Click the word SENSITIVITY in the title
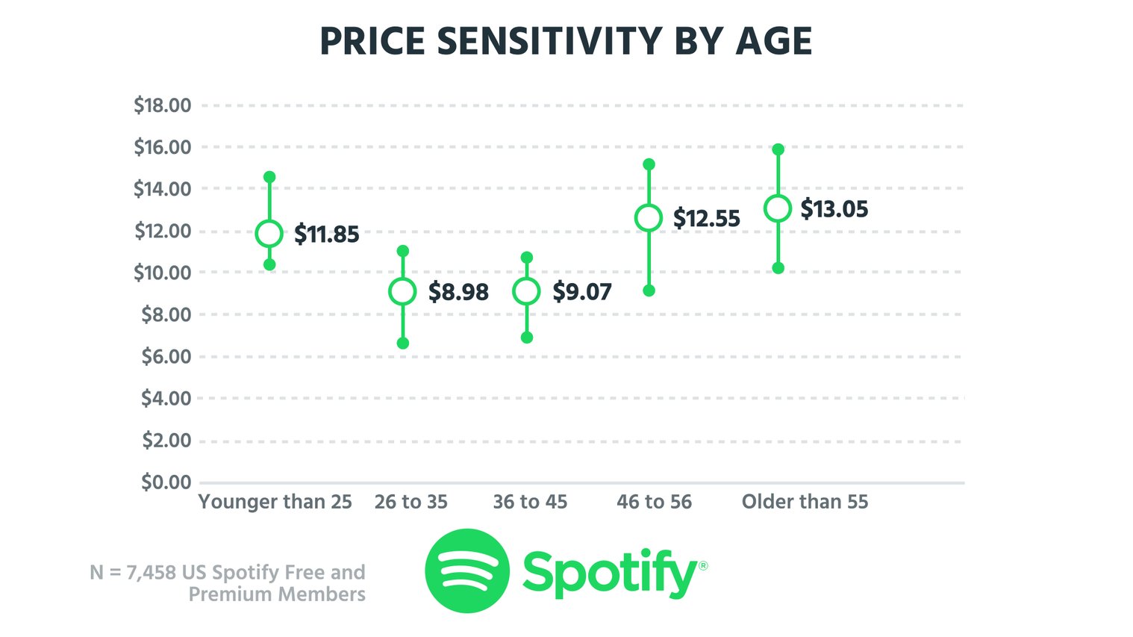[549, 41]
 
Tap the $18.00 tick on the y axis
[163, 105]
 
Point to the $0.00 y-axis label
[166, 482]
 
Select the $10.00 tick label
[163, 273]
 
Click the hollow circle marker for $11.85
[269, 234]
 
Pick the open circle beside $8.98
[402, 291]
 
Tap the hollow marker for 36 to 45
[526, 291]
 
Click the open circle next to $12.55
[649, 218]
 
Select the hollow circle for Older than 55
[778, 209]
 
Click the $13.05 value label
[834, 209]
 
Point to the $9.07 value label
[582, 292]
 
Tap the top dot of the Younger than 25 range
[269, 177]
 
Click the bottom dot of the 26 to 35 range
[403, 344]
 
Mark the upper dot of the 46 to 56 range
[649, 164]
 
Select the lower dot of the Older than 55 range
[778, 268]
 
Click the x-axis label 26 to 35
[411, 502]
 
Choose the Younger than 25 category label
[275, 502]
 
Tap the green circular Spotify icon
[467, 571]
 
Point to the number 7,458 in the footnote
[151, 573]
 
